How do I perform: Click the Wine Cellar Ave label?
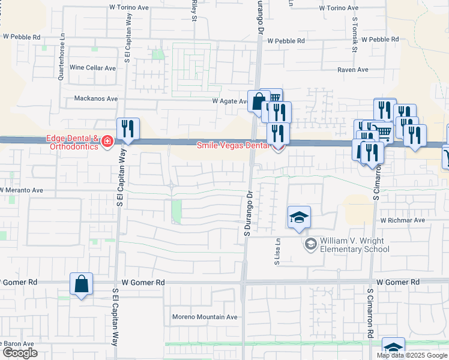pyautogui.click(x=92, y=68)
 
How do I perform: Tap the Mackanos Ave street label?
pyautogui.click(x=96, y=98)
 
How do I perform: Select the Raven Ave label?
pyautogui.click(x=353, y=70)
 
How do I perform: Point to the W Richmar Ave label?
pyautogui.click(x=402, y=220)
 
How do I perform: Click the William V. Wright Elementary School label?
pyautogui.click(x=346, y=245)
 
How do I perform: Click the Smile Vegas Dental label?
pyautogui.click(x=234, y=145)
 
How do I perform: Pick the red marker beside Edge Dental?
pyautogui.click(x=107, y=142)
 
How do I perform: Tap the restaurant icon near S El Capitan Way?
pyautogui.click(x=128, y=129)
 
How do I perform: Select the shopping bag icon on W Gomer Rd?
pyautogui.click(x=81, y=284)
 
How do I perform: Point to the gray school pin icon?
pyautogui.click(x=310, y=242)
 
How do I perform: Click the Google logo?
pyautogui.click(x=20, y=353)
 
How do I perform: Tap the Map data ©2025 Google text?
pyautogui.click(x=412, y=355)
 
